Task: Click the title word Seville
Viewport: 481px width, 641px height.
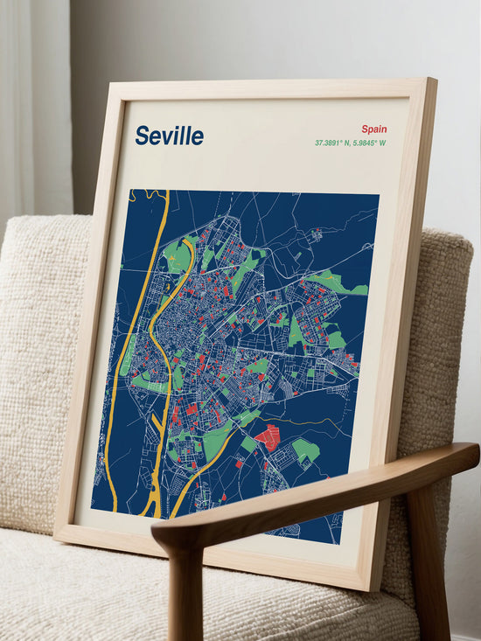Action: pyautogui.click(x=169, y=136)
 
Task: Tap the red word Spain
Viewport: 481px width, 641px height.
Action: pyautogui.click(x=373, y=129)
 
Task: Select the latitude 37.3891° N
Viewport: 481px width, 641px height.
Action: pyautogui.click(x=332, y=143)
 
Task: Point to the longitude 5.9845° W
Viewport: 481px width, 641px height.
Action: pyautogui.click(x=369, y=143)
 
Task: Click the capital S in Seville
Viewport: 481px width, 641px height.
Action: pyautogui.click(x=142, y=136)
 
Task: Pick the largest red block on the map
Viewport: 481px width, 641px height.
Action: pyautogui.click(x=268, y=436)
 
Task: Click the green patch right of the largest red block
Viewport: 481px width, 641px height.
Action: pyautogui.click(x=305, y=449)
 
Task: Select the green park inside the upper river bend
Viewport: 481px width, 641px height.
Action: pyautogui.click(x=178, y=255)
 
